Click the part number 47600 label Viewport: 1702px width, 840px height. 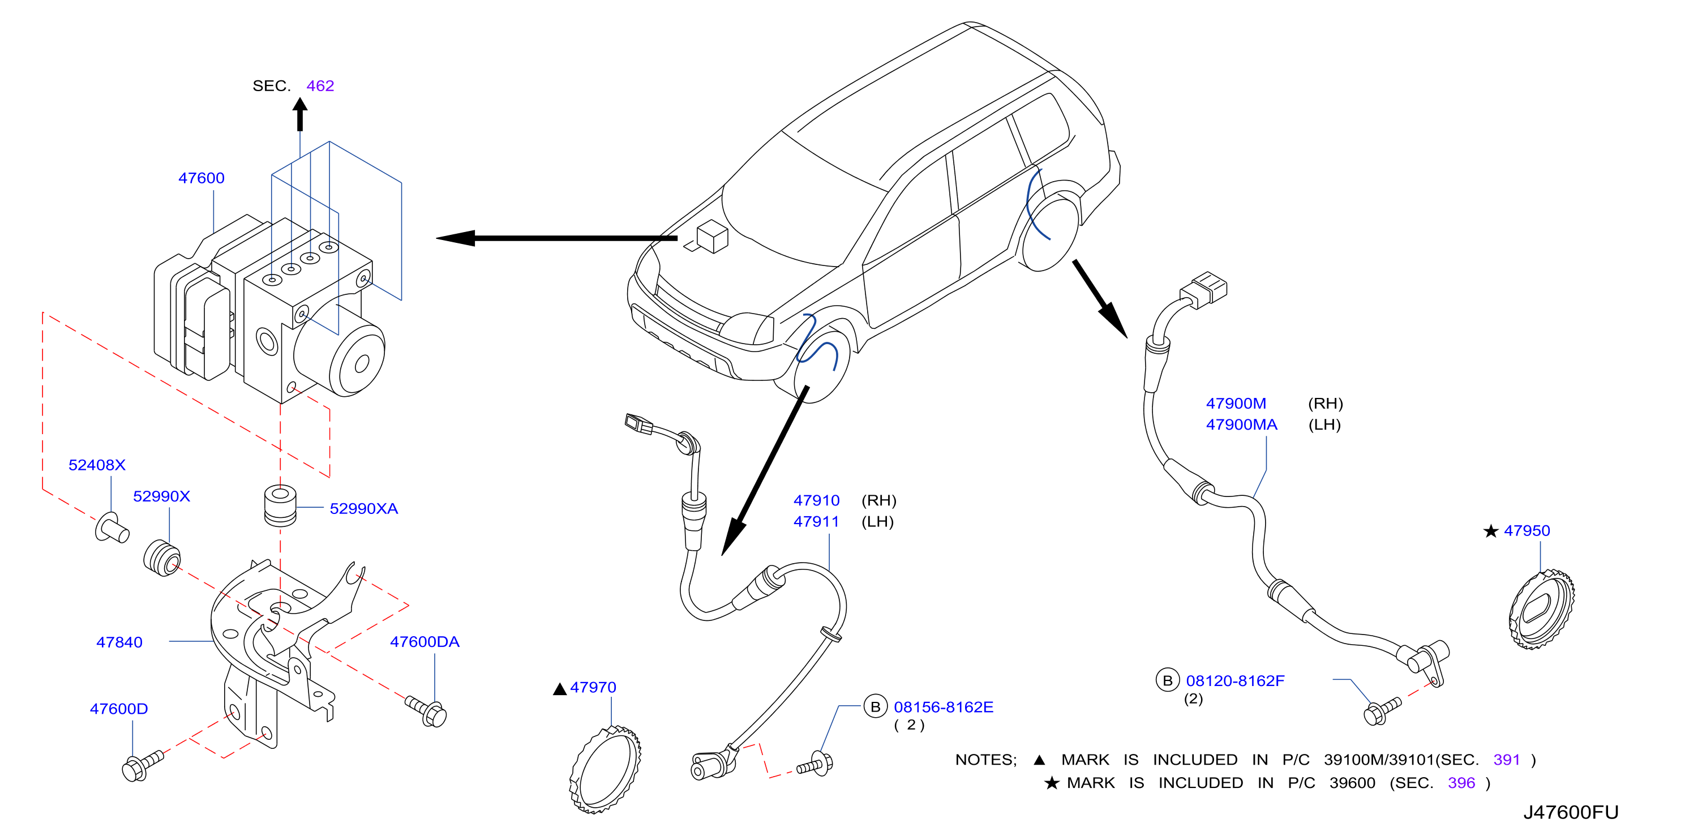click(202, 178)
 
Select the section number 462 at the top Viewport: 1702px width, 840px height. click(320, 86)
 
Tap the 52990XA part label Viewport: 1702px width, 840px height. click(364, 508)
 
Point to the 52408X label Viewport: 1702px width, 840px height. click(97, 465)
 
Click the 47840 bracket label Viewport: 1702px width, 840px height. click(119, 642)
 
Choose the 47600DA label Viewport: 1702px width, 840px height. click(425, 642)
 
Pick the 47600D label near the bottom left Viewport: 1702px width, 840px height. click(119, 709)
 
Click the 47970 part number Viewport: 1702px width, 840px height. click(593, 687)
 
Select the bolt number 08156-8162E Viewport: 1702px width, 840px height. click(944, 707)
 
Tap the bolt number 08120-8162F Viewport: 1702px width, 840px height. click(1236, 681)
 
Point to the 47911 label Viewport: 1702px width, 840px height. click(817, 521)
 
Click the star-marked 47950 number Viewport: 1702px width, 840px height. click(1527, 531)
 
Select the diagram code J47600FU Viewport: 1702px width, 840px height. click(1571, 812)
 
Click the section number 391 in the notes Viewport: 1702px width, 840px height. click(1507, 760)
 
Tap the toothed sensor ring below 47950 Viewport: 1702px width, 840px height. click(1541, 610)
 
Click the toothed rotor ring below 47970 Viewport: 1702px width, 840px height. click(605, 769)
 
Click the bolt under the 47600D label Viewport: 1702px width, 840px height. click(143, 765)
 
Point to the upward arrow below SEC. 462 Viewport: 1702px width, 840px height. click(300, 114)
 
